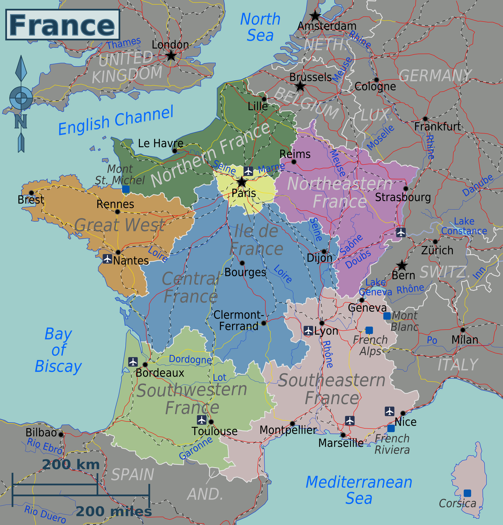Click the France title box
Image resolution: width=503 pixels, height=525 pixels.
[62, 25]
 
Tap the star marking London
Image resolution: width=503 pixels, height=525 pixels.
[171, 56]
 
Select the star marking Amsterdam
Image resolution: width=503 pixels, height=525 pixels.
[315, 16]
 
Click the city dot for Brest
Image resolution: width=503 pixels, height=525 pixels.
[31, 193]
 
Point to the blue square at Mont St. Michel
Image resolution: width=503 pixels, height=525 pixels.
[126, 189]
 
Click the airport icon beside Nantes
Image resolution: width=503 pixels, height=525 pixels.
[107, 259]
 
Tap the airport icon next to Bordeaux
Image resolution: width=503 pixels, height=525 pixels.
[133, 362]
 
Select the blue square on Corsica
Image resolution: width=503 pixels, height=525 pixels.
[467, 493]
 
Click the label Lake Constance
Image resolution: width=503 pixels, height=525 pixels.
[464, 226]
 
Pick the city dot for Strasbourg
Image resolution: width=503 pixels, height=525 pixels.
[406, 189]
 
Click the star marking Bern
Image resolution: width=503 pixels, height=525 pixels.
[402, 265]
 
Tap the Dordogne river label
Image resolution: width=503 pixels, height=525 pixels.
[190, 360]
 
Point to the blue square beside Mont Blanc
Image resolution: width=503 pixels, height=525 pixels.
[387, 316]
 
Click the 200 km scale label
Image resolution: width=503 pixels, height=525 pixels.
[71, 465]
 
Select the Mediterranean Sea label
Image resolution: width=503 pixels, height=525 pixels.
[359, 490]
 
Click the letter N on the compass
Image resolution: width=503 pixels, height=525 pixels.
[21, 121]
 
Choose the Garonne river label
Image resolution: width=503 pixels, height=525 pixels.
[196, 448]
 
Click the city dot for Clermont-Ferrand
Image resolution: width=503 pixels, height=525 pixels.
[264, 323]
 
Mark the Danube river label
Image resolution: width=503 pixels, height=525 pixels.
[478, 185]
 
